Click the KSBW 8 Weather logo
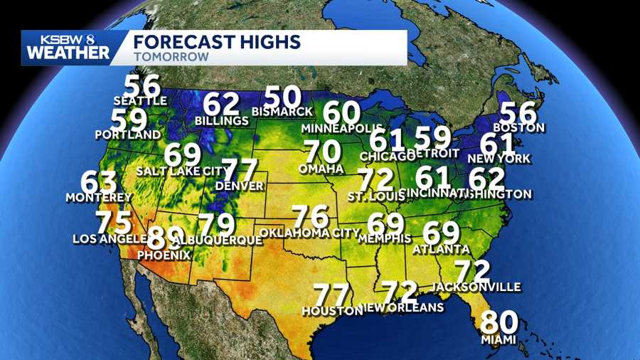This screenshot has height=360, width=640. tap(68, 48)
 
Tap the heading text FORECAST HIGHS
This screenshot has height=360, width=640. tap(216, 41)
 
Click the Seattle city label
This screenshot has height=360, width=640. tap(140, 101)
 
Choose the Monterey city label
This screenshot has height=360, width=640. tap(99, 197)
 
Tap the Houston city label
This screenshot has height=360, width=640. tap(332, 311)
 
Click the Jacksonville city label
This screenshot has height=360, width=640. tap(476, 287)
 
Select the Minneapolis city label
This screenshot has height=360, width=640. tap(342, 128)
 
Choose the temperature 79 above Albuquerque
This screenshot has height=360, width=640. tap(216, 225)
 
